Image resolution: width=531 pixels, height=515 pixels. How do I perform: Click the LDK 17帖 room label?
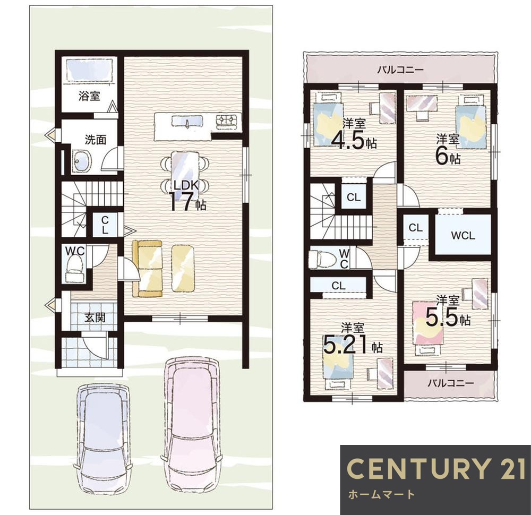click(x=186, y=196)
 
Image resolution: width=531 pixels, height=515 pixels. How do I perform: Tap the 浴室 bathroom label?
click(x=89, y=96)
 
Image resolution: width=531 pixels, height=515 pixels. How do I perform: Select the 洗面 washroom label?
click(x=96, y=140)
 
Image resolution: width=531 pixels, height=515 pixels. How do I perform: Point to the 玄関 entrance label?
click(x=95, y=317)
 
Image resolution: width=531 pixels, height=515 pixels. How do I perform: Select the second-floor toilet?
click(x=320, y=259)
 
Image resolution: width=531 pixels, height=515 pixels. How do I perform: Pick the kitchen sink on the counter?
click(x=187, y=121)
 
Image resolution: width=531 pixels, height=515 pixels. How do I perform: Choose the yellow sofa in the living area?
click(x=147, y=268)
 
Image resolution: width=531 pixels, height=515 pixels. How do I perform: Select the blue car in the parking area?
click(x=104, y=443)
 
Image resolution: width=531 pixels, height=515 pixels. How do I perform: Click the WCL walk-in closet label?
click(x=463, y=235)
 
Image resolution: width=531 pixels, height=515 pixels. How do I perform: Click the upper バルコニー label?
click(x=400, y=70)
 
